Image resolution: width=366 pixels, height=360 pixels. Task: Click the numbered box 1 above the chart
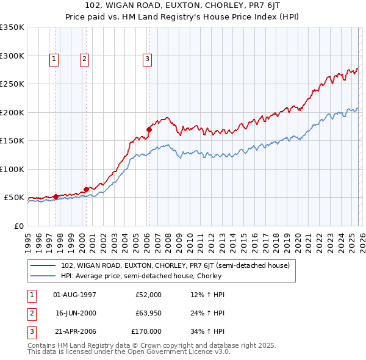(54, 59)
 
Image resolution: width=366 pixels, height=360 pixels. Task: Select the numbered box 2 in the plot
(84, 59)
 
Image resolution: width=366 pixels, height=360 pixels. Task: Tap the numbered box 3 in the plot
(148, 59)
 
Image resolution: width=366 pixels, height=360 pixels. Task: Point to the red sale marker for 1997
(56, 196)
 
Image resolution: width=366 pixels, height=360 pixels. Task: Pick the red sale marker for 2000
(86, 189)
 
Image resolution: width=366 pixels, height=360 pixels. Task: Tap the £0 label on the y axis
(18, 226)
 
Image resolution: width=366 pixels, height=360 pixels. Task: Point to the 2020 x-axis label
(297, 238)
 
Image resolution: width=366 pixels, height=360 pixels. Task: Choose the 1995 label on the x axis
(28, 238)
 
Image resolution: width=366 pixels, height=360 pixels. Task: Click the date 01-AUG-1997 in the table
(74, 295)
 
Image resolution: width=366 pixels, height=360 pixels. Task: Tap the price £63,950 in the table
(148, 313)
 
